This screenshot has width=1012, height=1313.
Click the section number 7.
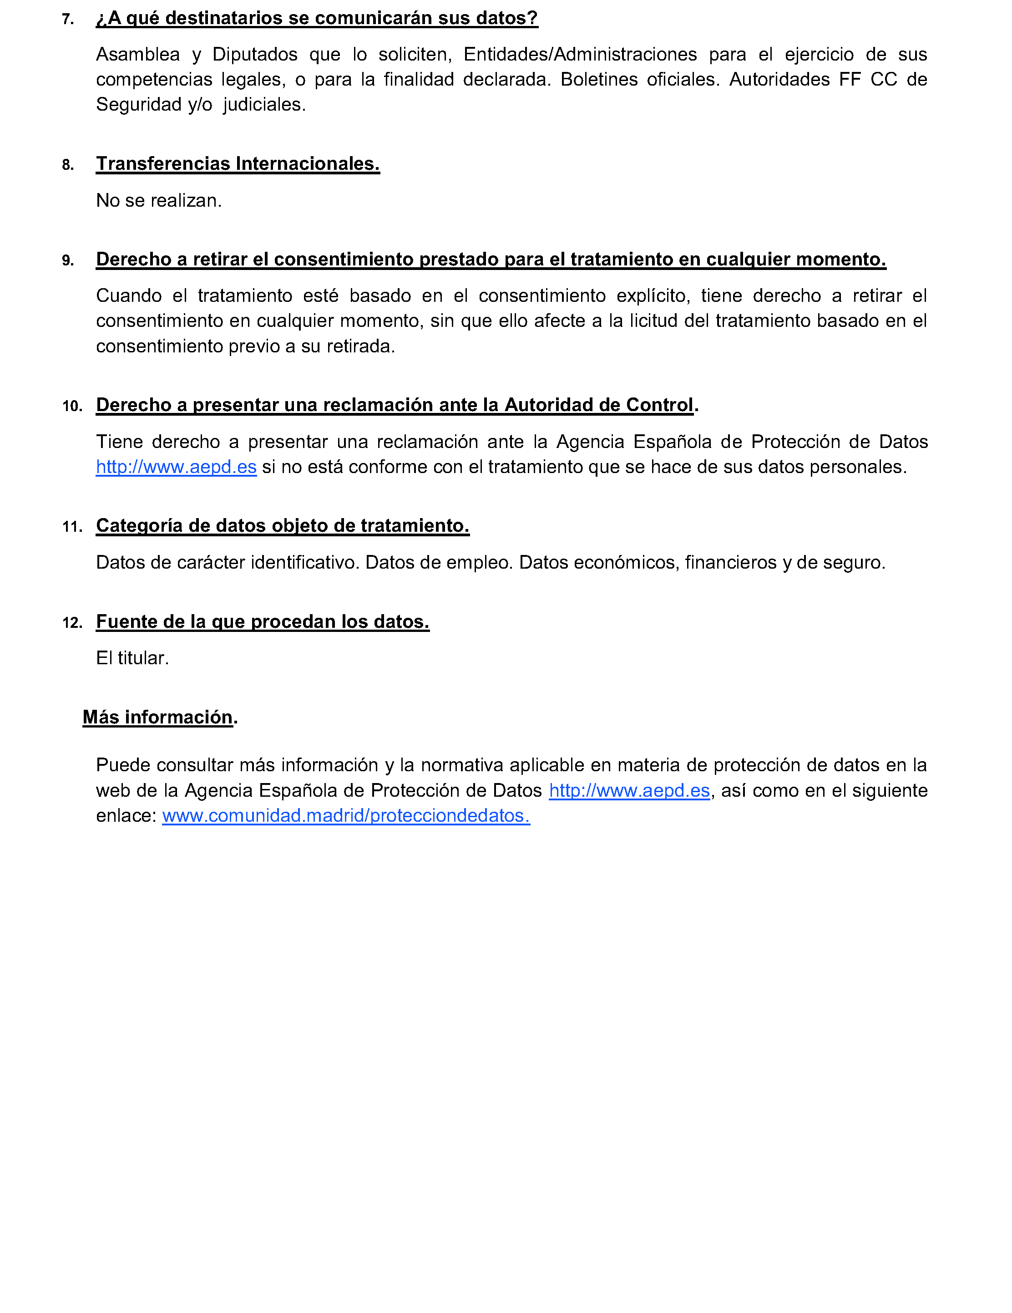[x=68, y=19]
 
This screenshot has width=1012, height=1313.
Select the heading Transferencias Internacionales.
[x=238, y=163]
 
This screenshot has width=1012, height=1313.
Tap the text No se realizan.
[x=159, y=200]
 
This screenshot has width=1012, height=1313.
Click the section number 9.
[x=68, y=260]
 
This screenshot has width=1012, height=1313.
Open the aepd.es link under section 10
[x=176, y=467]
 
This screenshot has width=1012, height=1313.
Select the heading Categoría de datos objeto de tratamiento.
[x=283, y=526]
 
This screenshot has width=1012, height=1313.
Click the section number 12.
[x=72, y=623]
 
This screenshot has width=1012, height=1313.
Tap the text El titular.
[x=132, y=658]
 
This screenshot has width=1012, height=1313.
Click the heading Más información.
[x=157, y=717]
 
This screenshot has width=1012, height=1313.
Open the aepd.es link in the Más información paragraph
[x=629, y=790]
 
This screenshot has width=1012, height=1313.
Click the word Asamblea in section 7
[x=137, y=55]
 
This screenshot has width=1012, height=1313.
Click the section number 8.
[x=68, y=165]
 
